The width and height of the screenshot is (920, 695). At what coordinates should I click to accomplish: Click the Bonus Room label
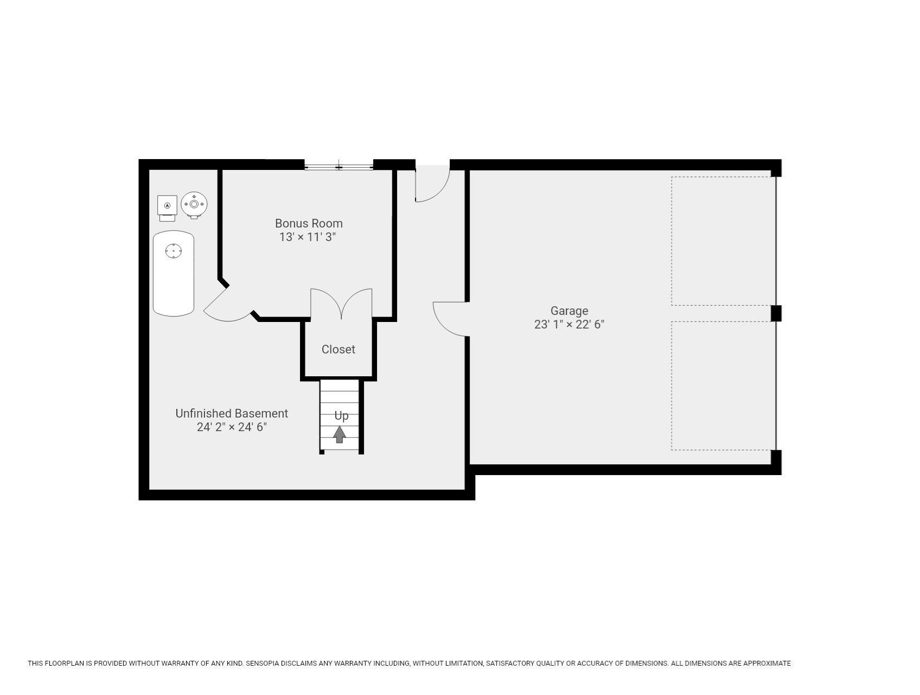point(309,223)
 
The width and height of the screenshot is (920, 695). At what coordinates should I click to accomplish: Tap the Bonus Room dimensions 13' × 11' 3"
point(308,237)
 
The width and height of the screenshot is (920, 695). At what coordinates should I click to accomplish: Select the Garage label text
point(569,311)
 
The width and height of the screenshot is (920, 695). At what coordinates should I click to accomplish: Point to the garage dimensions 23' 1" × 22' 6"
point(569,325)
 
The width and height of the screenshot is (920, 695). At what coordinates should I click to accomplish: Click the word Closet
point(338,350)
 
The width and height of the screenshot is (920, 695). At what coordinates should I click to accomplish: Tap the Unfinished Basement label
point(232,413)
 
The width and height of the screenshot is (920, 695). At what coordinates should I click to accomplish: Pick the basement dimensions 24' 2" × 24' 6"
point(232,427)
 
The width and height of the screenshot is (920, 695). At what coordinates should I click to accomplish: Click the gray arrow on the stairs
point(340,434)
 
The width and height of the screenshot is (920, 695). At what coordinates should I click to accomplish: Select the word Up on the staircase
point(341,416)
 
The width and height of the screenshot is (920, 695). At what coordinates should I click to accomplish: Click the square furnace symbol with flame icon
point(167,206)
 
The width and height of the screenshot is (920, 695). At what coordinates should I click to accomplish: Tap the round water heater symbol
point(194,205)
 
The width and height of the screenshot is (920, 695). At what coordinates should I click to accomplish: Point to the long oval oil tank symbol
point(174,273)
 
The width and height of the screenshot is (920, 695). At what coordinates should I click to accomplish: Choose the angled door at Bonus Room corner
point(227,304)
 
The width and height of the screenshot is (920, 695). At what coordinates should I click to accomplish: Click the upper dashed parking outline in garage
point(723,241)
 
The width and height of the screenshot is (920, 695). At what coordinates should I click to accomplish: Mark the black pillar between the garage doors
point(776,313)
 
